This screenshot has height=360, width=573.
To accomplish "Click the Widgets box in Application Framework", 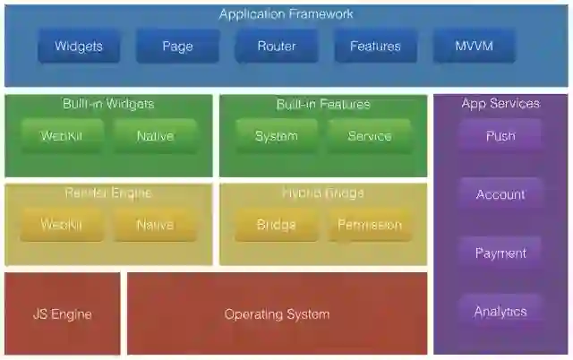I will [x=79, y=46].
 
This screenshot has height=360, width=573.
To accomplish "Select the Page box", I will [x=177, y=46].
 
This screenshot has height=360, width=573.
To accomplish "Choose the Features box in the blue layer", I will [x=375, y=46].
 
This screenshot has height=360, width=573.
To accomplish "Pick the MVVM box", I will [x=474, y=46].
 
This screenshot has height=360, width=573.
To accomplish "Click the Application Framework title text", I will [x=286, y=14].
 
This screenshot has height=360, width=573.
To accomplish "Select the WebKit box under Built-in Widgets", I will [x=61, y=136].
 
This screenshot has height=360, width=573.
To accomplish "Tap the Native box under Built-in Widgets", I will [x=155, y=136].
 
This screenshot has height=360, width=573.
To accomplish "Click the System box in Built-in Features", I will [x=276, y=136].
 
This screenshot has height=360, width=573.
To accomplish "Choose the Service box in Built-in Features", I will [x=369, y=136].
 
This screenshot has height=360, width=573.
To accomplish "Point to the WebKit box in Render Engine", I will [x=61, y=225].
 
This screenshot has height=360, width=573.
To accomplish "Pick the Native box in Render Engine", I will [x=155, y=225].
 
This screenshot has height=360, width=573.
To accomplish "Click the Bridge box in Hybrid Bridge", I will [x=276, y=225].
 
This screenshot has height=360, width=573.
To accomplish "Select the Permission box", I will [x=369, y=225].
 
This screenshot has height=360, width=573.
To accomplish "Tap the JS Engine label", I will [x=62, y=314].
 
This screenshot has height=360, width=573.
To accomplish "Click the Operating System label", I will [x=277, y=314].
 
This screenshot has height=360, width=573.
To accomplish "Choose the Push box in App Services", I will [x=500, y=136].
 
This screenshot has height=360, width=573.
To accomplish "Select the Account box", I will [x=500, y=194].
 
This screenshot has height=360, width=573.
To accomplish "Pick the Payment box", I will [x=500, y=253].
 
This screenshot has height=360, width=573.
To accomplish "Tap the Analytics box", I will [x=500, y=312].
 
